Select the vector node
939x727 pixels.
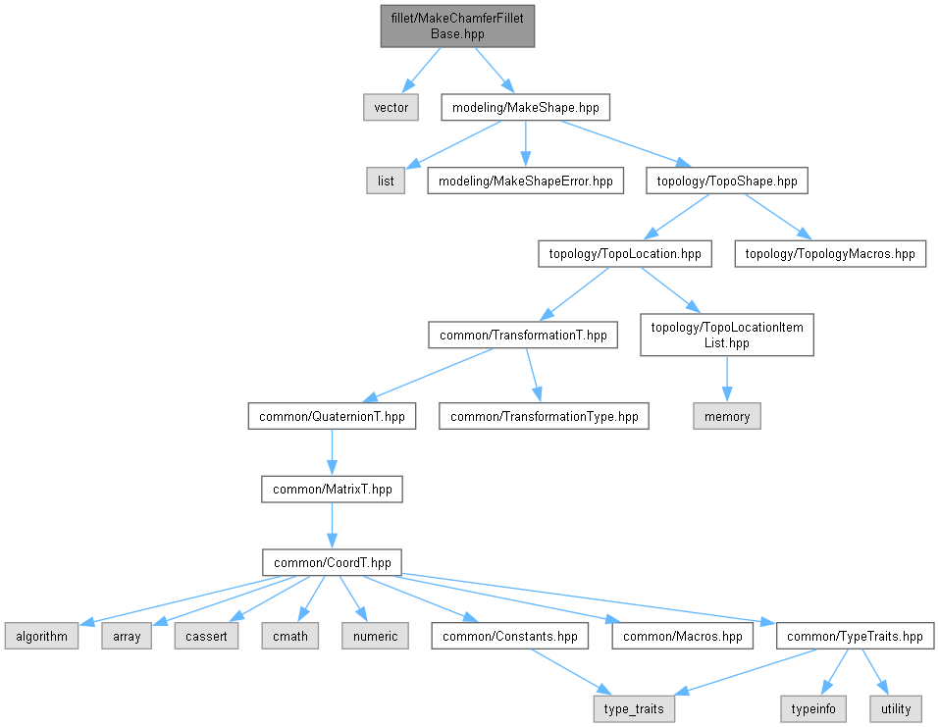[391, 107]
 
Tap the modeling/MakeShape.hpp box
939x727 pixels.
[526, 107]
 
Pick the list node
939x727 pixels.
[386, 181]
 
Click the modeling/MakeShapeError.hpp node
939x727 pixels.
[525, 181]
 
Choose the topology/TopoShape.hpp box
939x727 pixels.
[726, 181]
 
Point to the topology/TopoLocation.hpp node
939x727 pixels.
[624, 254]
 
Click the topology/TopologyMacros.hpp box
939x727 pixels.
[829, 254]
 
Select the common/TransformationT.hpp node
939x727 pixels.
[523, 336]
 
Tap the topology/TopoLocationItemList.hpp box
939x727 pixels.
[726, 336]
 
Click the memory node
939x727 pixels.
[726, 417]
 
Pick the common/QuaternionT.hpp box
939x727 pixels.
[332, 417]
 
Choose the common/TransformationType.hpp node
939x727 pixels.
[544, 417]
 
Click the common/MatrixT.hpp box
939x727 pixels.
[332, 489]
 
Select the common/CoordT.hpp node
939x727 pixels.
[332, 562]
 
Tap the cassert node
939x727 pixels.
[206, 636]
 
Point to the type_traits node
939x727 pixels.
[634, 708]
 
